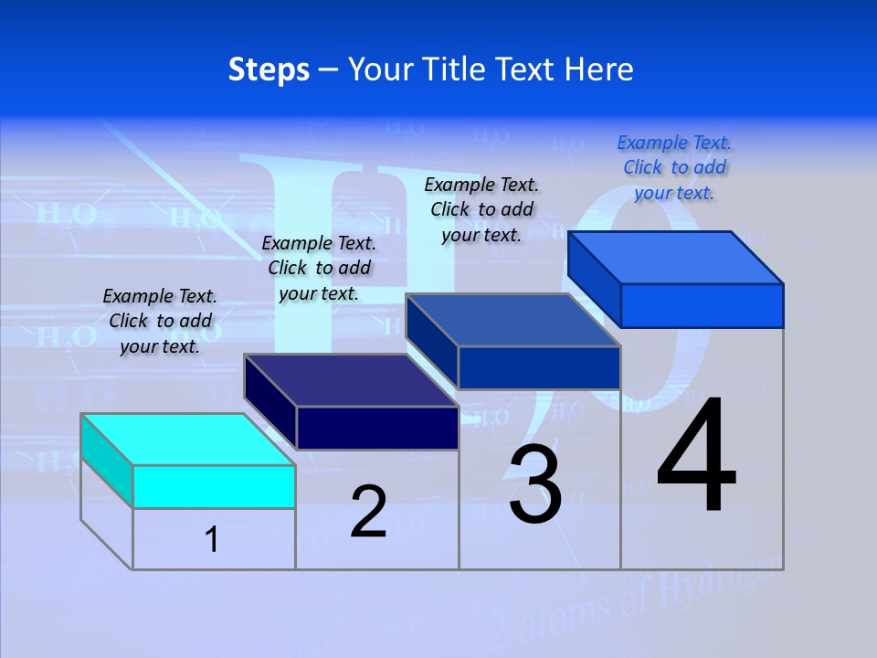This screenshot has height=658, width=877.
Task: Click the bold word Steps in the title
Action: (269, 69)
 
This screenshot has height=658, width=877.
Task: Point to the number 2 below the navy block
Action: (368, 512)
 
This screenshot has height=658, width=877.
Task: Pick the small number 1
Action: (212, 539)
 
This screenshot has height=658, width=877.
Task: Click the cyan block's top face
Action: (187, 440)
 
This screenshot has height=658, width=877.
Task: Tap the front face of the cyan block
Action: (214, 486)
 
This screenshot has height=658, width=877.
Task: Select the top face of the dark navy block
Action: (351, 380)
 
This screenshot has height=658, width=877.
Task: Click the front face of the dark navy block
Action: (377, 428)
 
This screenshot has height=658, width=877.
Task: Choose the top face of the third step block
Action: (512, 320)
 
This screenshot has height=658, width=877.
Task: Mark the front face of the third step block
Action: (539, 367)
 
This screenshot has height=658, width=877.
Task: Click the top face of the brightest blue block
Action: (675, 258)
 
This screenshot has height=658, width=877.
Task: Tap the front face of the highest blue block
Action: (702, 305)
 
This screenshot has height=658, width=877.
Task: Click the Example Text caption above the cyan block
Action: (160, 321)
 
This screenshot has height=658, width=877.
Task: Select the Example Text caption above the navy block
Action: (319, 268)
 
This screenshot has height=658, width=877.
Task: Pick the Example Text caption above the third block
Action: (481, 209)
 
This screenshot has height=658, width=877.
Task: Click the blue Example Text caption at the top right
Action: (674, 167)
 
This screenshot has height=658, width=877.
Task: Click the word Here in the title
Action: (599, 69)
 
